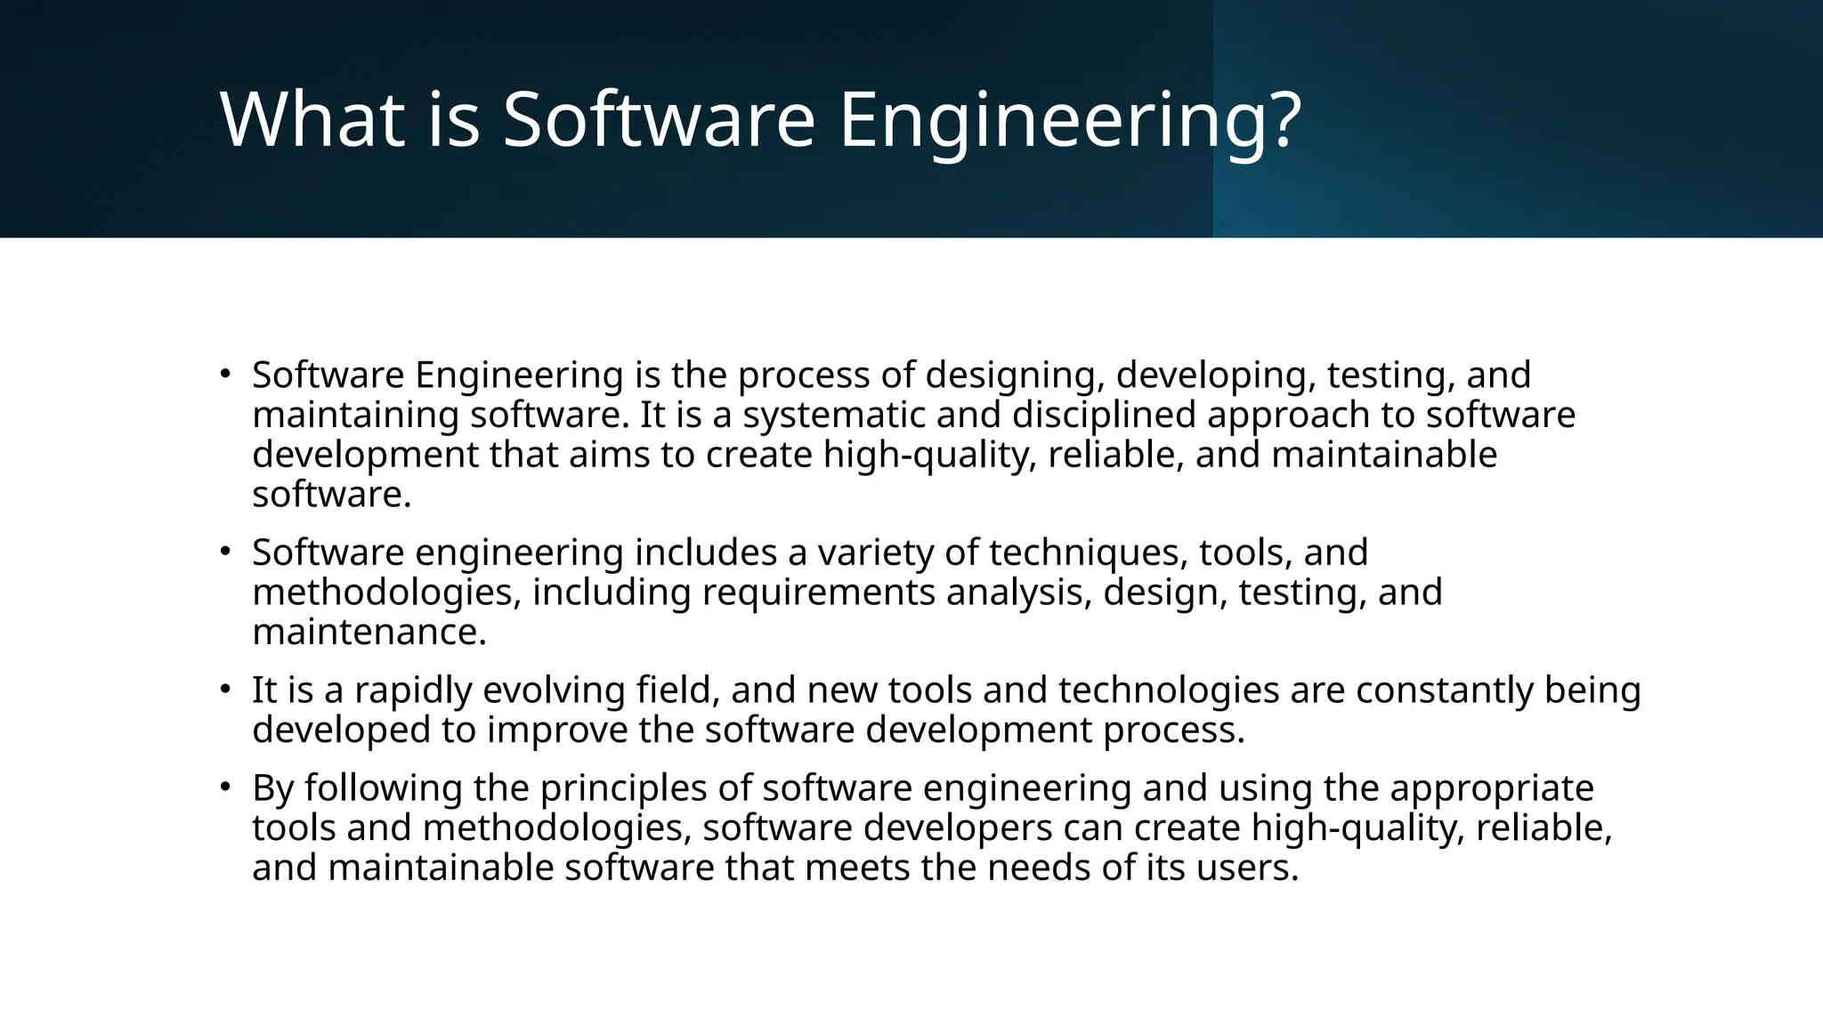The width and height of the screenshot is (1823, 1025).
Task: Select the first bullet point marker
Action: click(226, 374)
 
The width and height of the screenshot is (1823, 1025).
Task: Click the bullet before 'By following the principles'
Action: click(226, 787)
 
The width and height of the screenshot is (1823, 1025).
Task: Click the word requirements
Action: click(818, 593)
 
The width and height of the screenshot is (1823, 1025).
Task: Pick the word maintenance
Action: click(369, 633)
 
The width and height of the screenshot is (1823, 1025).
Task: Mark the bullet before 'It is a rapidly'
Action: click(226, 690)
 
